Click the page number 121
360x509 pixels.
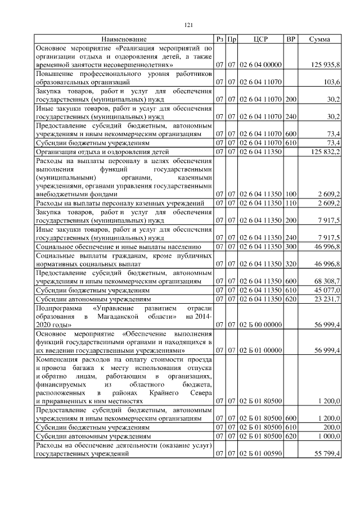(189, 24)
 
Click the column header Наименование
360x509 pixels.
(124, 39)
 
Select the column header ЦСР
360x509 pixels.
(260, 39)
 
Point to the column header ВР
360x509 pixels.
(291, 39)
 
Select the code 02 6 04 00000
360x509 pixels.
(260, 65)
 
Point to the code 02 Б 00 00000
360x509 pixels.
(260, 325)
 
